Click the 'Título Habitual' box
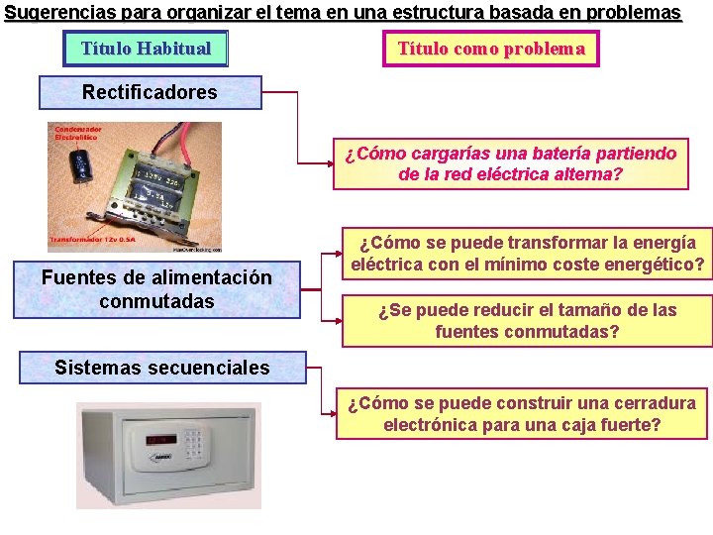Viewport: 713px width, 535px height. point(146,49)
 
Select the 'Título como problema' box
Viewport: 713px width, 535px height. point(491,49)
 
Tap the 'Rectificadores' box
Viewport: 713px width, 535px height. point(150,92)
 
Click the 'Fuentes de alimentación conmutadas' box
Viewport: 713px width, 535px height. point(156,289)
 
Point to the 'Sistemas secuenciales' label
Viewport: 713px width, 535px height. point(161,368)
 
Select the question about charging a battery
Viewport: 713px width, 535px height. point(510,163)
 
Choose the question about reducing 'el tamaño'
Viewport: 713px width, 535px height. point(527,320)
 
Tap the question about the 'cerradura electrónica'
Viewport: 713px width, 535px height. point(522,414)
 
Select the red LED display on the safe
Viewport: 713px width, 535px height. point(162,438)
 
